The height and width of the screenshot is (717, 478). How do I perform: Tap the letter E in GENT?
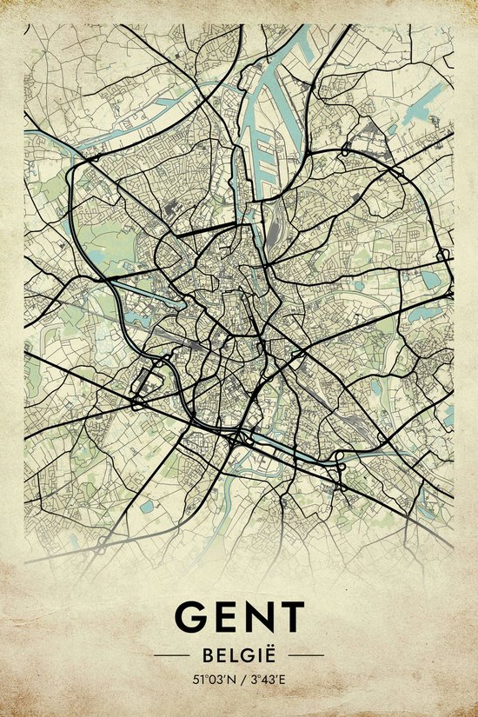226,616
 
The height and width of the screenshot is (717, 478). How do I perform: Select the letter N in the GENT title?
260,616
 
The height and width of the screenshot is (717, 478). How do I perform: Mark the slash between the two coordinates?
241,680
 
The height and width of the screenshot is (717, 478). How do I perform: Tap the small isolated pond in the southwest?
147,504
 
